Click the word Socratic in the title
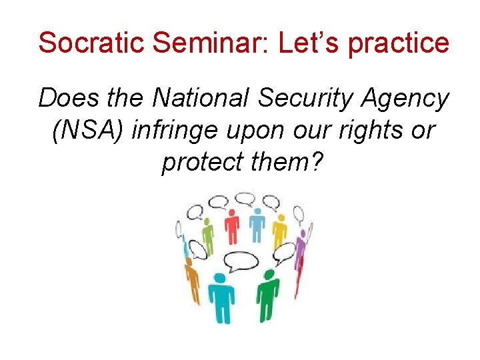[91, 43]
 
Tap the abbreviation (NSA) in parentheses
[89, 130]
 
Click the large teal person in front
[221, 294]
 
